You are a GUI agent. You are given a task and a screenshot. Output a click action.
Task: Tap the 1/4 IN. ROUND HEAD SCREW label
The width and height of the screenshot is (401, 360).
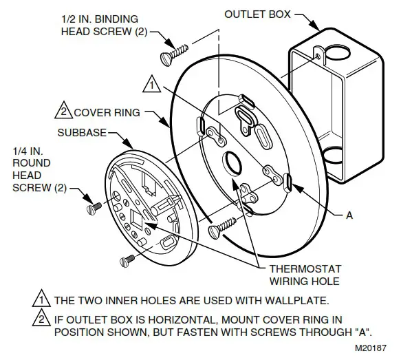[32, 169]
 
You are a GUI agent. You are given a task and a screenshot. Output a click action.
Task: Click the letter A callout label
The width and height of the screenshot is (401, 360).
[350, 215]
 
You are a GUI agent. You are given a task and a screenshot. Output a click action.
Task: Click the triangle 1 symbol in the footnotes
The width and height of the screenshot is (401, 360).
[43, 300]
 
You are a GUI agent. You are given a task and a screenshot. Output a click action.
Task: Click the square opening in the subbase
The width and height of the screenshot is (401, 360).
[136, 222]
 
